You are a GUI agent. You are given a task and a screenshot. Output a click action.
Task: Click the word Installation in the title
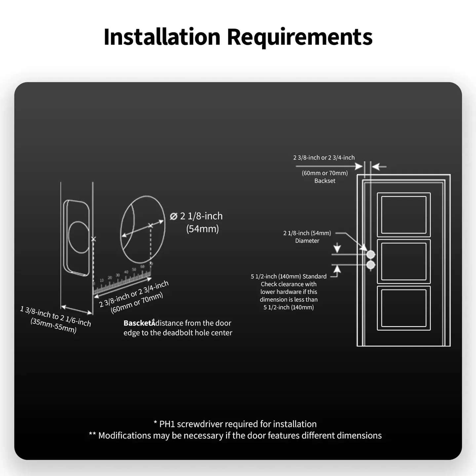point(162,37)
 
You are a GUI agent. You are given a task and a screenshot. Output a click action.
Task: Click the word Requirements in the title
point(299,37)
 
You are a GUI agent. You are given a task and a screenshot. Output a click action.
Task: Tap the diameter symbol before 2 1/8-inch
point(174,216)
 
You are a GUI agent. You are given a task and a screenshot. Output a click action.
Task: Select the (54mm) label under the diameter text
point(202,229)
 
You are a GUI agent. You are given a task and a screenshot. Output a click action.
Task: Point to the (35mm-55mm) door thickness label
point(54,326)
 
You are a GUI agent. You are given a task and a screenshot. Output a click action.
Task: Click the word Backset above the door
point(325,181)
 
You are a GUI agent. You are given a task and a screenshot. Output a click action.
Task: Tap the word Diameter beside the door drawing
point(307,241)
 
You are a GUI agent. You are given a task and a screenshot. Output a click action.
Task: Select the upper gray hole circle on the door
point(371,254)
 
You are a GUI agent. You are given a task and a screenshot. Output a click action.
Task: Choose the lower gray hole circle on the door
point(371,265)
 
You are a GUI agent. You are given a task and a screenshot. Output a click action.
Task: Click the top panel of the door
point(404,215)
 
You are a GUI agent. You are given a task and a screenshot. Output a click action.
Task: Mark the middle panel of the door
point(404,261)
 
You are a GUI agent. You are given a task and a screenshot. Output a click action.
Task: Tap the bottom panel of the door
point(404,308)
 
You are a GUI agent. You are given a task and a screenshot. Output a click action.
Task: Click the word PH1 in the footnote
point(167,424)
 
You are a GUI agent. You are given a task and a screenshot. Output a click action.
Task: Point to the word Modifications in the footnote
point(124,436)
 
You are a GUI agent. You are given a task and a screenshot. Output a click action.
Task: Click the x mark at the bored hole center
point(150,225)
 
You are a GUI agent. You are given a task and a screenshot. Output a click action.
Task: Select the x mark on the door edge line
point(93,239)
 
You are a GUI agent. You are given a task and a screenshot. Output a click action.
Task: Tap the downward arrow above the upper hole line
point(337,248)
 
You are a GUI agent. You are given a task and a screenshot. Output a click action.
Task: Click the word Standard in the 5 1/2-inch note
point(314,276)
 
